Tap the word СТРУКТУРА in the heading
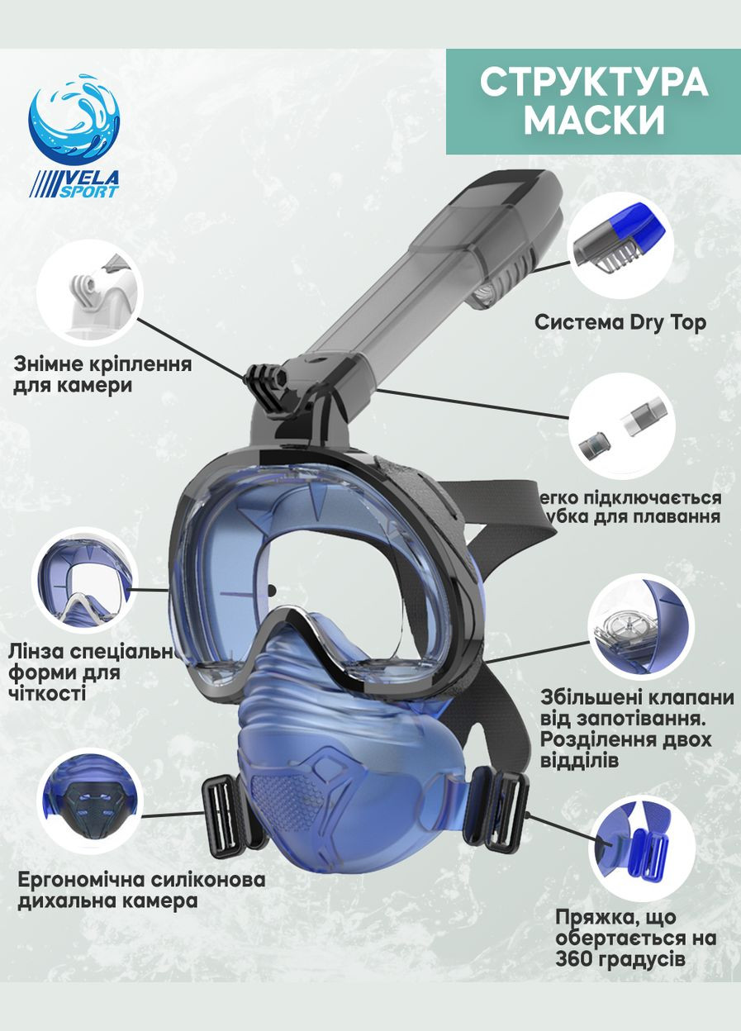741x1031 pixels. tap(593, 83)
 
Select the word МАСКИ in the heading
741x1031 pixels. tap(593, 121)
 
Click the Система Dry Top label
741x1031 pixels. tap(620, 322)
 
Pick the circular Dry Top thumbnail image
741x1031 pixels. tap(622, 245)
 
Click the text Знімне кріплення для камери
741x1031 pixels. tap(102, 374)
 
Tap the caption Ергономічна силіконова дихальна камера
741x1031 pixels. tap(141, 889)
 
